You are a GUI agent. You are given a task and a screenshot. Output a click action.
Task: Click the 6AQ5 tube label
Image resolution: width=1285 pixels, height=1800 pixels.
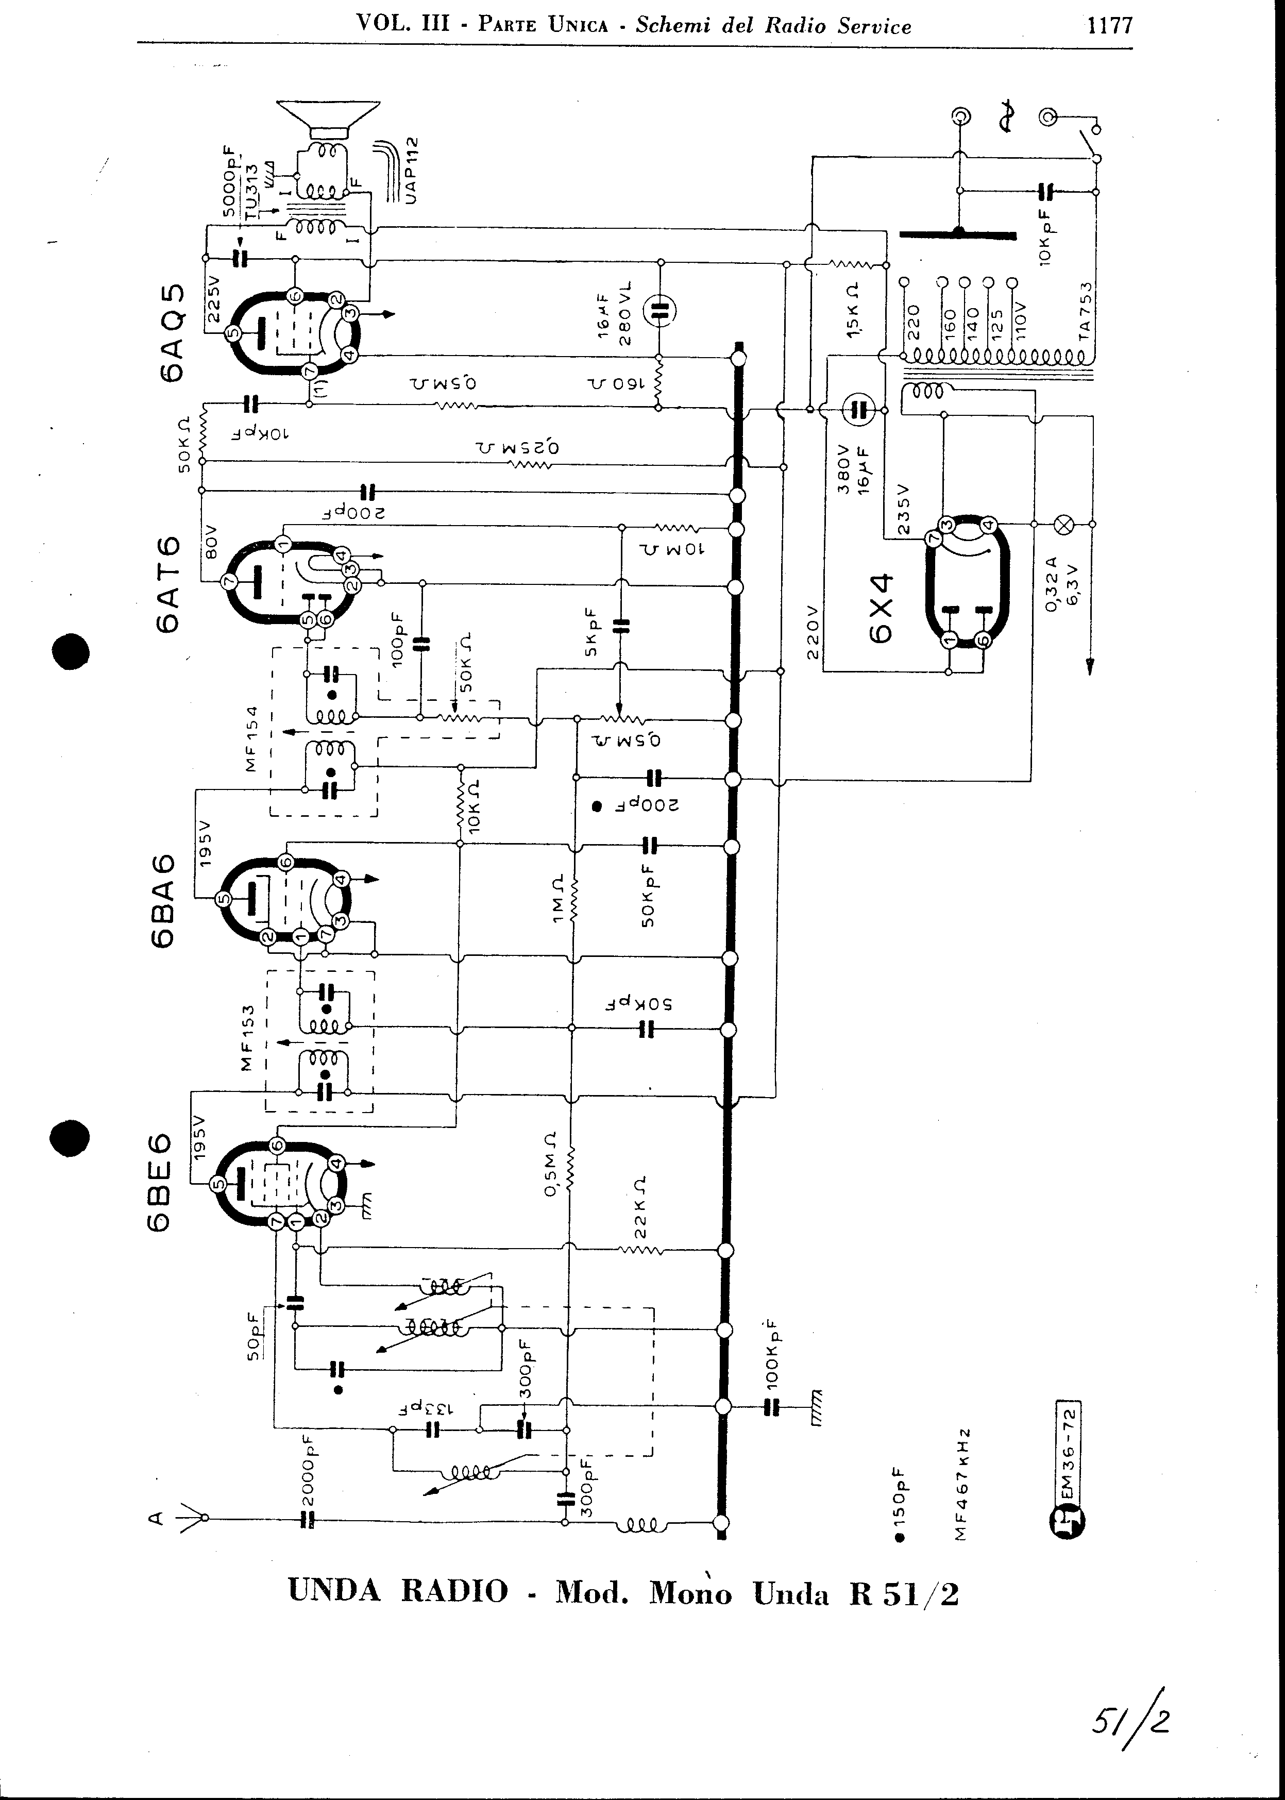pyautogui.click(x=173, y=332)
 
